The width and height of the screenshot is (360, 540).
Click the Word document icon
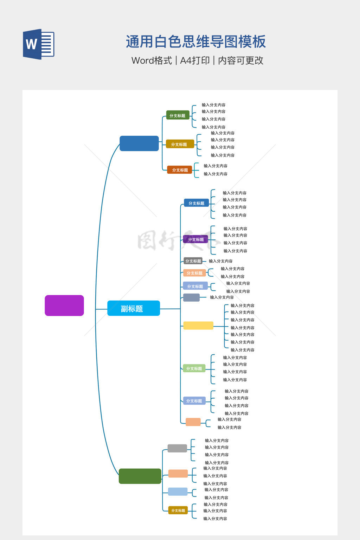[x=39, y=44]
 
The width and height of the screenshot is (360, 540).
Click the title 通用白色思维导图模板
[x=196, y=41]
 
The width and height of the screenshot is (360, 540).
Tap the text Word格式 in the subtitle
[x=152, y=60]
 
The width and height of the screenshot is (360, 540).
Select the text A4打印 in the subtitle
[x=195, y=60]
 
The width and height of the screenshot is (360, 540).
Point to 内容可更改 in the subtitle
[x=240, y=60]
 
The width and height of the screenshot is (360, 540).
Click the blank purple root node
[x=64, y=306]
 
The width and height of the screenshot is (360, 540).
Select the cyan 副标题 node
[x=134, y=308]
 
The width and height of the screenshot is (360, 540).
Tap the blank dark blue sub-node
[x=139, y=143]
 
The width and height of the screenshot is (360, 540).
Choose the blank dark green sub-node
[x=140, y=476]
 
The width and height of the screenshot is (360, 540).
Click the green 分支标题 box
[x=178, y=115]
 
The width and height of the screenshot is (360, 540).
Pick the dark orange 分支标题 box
[x=180, y=170]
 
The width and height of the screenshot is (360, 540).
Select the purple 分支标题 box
[x=195, y=239]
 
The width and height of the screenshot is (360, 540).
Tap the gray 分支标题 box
[x=193, y=261]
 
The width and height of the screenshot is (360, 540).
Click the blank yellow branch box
[x=198, y=326]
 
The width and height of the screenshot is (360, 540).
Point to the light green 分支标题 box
[x=194, y=368]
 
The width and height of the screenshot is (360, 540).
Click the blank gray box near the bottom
[x=177, y=448]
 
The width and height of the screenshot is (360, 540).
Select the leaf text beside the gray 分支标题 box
[x=221, y=261]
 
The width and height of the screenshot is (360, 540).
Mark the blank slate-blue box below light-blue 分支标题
[x=192, y=297]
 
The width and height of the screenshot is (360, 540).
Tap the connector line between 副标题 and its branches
[x=170, y=309]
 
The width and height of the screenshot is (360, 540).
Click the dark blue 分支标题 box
[x=196, y=203]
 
